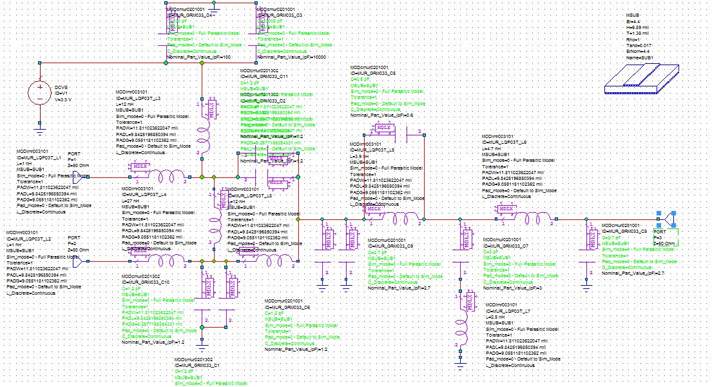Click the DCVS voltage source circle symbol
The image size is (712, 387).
[x=39, y=92]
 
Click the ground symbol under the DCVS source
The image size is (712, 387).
[x=39, y=130]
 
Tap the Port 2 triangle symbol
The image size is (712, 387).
[x=95, y=262]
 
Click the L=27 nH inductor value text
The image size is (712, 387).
[x=133, y=200]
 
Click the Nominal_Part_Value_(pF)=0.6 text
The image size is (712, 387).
[x=381, y=115]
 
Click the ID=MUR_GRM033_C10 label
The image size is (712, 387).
[x=146, y=282]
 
